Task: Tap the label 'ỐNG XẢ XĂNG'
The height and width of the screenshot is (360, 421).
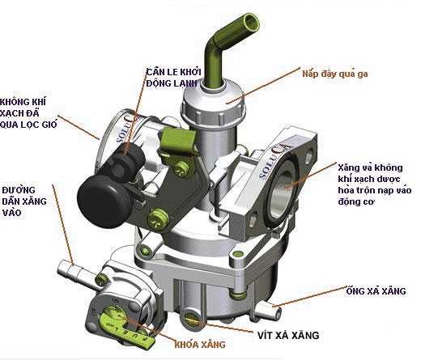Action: (375, 290)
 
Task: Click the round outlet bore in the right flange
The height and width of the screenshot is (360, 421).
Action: (287, 188)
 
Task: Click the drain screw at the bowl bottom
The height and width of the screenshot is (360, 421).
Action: (193, 313)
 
